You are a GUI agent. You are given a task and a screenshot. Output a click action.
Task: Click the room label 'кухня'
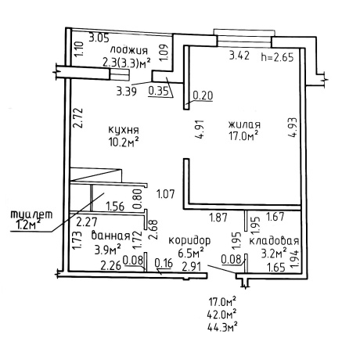tap(124, 130)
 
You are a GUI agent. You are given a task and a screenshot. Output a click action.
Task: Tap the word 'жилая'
tap(244, 124)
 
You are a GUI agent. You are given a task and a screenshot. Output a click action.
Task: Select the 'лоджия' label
tap(129, 50)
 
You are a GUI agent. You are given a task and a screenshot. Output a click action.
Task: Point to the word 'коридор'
tap(189, 240)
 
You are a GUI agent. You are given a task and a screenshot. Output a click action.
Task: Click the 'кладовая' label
tap(274, 241)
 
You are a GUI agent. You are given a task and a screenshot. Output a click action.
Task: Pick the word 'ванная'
tap(110, 236)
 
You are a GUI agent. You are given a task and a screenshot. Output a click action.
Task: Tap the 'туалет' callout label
tap(31, 214)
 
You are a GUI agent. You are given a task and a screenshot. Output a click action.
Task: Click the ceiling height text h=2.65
tap(278, 57)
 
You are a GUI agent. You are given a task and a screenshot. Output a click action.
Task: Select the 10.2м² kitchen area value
tap(123, 142)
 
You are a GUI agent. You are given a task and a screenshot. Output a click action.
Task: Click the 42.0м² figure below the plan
tap(222, 314)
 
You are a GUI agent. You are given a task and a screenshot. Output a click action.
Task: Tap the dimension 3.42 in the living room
tap(239, 56)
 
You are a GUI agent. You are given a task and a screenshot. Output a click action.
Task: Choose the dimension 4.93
tap(293, 128)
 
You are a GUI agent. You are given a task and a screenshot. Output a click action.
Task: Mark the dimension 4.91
tap(200, 130)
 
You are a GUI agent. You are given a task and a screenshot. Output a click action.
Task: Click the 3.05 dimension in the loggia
tap(99, 38)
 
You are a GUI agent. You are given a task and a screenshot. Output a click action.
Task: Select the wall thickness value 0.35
tap(158, 92)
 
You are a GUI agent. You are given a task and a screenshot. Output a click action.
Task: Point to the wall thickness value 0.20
tap(203, 95)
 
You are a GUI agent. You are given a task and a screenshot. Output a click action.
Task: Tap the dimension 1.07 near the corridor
tap(165, 194)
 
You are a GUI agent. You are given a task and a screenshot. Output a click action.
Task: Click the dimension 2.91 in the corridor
tap(192, 267)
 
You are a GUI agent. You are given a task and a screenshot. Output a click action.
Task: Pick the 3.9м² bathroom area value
tap(107, 250)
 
